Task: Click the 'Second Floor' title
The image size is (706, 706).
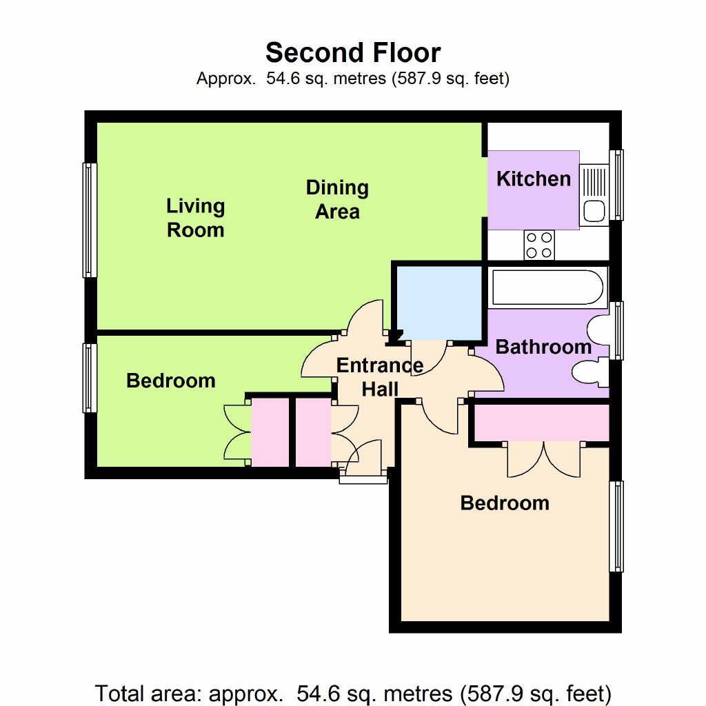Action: click(353, 53)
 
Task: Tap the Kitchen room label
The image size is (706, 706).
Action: click(534, 179)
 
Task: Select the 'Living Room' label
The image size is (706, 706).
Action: click(195, 218)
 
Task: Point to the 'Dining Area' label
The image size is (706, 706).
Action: click(337, 199)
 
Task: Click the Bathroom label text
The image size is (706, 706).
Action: click(543, 347)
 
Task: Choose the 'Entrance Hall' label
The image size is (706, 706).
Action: click(380, 377)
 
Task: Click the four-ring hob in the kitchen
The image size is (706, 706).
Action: click(539, 245)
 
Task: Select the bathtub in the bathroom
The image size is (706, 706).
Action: click(547, 288)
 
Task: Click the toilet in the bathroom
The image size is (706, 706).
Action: click(590, 373)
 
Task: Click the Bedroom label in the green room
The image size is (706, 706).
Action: click(170, 381)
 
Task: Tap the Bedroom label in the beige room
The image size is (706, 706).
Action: click(505, 503)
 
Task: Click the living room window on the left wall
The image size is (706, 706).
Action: click(90, 220)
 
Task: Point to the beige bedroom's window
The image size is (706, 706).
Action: click(616, 527)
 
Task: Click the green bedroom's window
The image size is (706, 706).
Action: click(90, 378)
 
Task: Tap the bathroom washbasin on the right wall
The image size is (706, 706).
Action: click(598, 330)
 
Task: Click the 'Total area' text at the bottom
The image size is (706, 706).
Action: click(353, 692)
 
